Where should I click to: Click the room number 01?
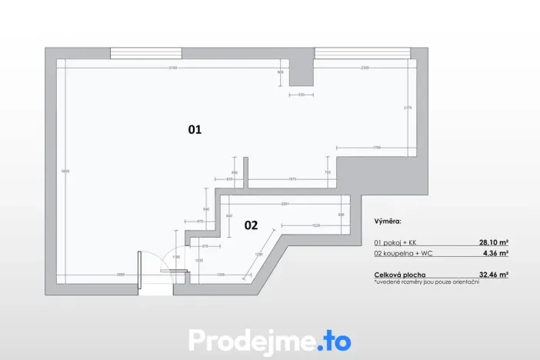point(195,130)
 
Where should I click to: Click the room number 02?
point(251,225)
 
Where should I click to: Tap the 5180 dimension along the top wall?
point(174,68)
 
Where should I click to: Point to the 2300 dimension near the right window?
point(364,68)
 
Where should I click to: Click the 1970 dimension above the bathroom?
point(292,179)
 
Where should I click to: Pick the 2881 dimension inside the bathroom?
point(285,204)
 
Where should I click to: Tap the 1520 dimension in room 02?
point(315,225)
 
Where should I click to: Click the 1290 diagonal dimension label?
point(258,255)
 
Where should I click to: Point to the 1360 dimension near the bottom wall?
point(220,274)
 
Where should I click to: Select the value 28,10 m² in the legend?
point(493,241)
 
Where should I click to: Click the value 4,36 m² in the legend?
point(495,252)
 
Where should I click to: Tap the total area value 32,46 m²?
point(493,274)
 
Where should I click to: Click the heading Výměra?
point(388,221)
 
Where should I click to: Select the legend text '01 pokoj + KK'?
point(396,241)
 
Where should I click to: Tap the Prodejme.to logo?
point(269,339)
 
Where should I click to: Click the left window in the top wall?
point(145,53)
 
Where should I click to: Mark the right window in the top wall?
point(362,53)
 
